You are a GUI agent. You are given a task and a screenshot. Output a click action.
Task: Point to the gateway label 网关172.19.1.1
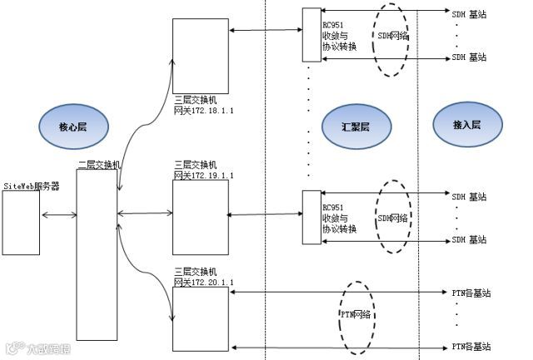click(204, 176)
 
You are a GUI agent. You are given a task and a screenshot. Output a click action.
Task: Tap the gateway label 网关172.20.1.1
click(204, 283)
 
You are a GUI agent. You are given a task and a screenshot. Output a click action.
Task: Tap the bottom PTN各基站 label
click(471, 346)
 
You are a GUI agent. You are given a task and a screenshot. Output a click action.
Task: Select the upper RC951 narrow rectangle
click(311, 35)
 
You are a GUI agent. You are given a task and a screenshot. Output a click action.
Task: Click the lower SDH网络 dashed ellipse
click(394, 218)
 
